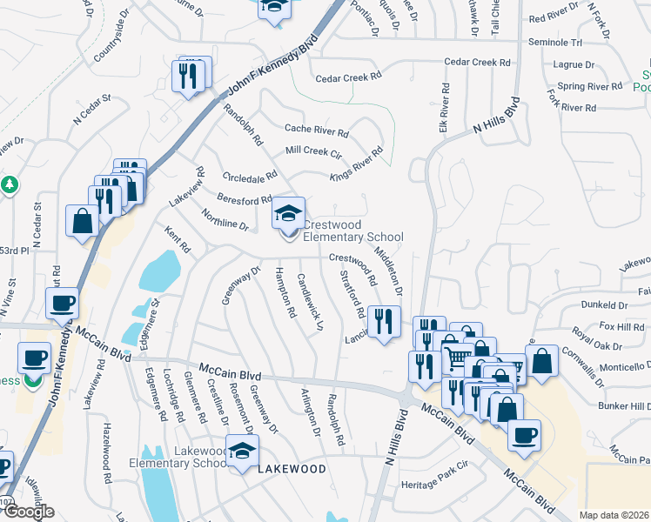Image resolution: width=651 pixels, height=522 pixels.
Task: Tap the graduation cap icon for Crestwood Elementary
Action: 289,213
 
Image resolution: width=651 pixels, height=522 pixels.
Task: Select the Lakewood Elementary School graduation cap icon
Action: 243,452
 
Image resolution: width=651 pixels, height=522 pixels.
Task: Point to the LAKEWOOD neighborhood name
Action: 292,469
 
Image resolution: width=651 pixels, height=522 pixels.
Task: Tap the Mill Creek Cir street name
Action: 314,151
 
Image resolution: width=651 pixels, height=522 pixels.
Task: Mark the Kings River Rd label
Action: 356,164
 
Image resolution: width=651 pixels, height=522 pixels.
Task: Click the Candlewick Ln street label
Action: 310,303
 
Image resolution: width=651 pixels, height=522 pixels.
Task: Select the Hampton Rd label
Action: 285,291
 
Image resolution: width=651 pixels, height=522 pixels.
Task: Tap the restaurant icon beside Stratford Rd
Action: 383,321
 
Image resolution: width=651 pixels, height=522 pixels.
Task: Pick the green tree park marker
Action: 10,184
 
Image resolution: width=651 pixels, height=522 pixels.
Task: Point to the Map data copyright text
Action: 614,515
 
